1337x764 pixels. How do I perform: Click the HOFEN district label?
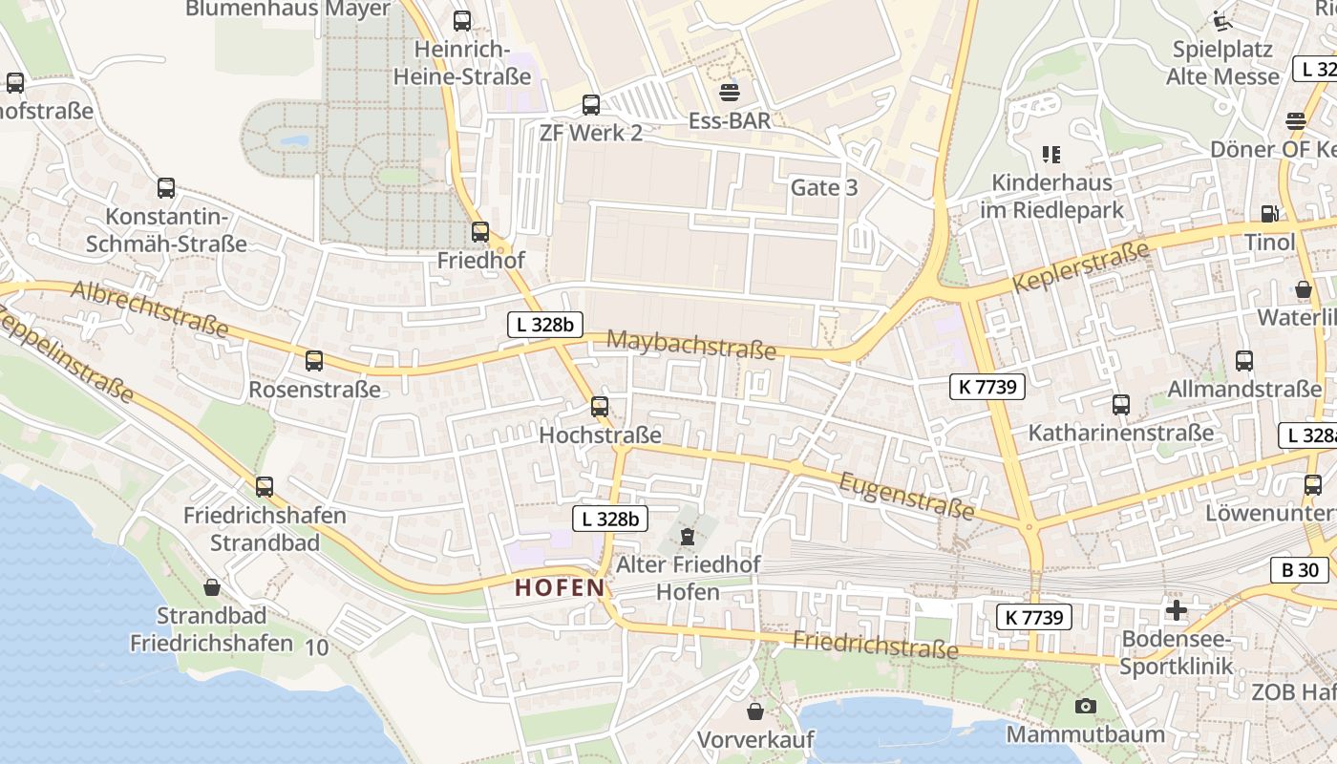(x=561, y=587)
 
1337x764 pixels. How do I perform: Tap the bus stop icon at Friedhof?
(x=480, y=232)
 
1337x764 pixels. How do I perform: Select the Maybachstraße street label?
(x=691, y=345)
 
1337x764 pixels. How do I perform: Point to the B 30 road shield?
(x=1300, y=571)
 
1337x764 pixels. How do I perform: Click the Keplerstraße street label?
(x=1080, y=268)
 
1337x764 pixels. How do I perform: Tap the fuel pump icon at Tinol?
(x=1269, y=215)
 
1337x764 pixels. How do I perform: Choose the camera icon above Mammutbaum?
(x=1086, y=707)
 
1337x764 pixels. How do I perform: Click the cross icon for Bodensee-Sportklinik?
(x=1177, y=610)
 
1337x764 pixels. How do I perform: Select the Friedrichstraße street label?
(x=875, y=646)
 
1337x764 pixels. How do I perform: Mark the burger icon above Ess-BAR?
(x=731, y=92)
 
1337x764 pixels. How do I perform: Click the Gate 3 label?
(x=824, y=187)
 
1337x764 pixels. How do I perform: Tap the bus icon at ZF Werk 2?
(x=591, y=105)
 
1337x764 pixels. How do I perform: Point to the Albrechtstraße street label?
(x=150, y=308)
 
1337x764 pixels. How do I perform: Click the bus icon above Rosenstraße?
(x=314, y=361)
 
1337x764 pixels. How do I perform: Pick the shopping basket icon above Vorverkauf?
(x=755, y=711)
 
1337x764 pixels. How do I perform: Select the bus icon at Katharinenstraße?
(x=1121, y=405)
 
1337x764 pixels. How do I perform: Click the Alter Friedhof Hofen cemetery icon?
(x=688, y=537)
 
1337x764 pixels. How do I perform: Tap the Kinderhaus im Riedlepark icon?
(x=1052, y=154)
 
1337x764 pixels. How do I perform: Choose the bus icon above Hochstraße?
(x=600, y=407)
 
